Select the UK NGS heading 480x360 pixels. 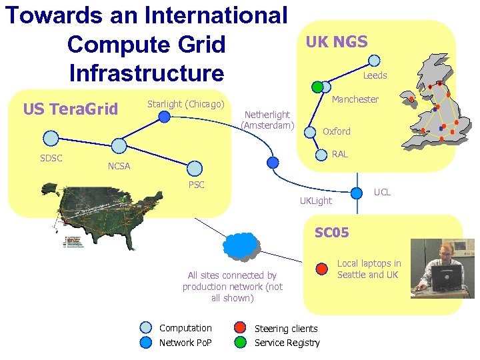pyautogui.click(x=336, y=42)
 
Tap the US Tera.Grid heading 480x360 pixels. pyautogui.click(x=70, y=109)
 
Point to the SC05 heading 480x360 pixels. pyautogui.click(x=331, y=232)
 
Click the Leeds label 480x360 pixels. pyautogui.click(x=375, y=75)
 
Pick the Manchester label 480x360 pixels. pyautogui.click(x=355, y=99)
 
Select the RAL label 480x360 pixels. pyautogui.click(x=339, y=154)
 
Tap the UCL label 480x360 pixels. pyautogui.click(x=382, y=192)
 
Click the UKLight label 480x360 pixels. pyautogui.click(x=315, y=201)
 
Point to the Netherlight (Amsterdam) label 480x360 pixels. pyautogui.click(x=267, y=120)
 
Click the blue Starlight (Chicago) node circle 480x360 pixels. pyautogui.click(x=164, y=117)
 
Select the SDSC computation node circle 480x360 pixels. pyautogui.click(x=51, y=139)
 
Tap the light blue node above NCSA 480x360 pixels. pyautogui.click(x=119, y=145)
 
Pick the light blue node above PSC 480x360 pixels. pyautogui.click(x=195, y=168)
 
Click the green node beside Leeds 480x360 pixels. pyautogui.click(x=317, y=87)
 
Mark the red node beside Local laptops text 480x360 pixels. pyautogui.click(x=321, y=269)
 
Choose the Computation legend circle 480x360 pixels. pyautogui.click(x=146, y=327)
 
